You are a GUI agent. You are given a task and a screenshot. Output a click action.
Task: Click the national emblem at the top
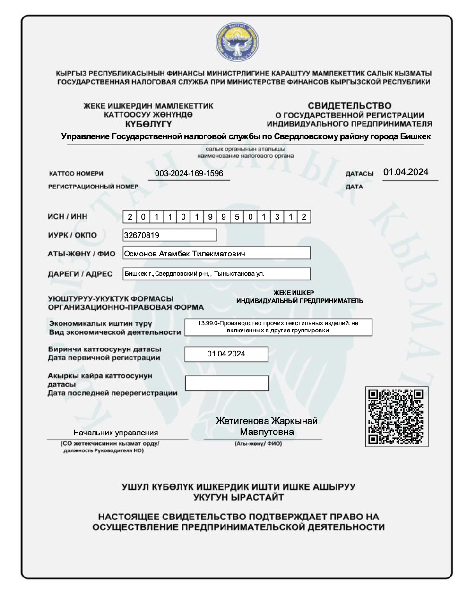click(x=237, y=42)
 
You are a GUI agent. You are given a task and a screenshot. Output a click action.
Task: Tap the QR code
click(x=397, y=416)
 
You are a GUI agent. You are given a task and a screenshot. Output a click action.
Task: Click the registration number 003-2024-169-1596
click(x=189, y=173)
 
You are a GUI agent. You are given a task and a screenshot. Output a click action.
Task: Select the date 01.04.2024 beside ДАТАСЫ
click(x=406, y=172)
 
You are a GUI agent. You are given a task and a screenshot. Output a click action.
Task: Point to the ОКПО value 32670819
click(x=142, y=235)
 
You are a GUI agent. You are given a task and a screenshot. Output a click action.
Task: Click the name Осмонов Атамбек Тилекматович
click(x=185, y=254)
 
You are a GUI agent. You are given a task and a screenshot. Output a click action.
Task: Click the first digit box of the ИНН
click(x=130, y=217)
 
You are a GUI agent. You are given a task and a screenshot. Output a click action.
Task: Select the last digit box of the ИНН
click(x=304, y=217)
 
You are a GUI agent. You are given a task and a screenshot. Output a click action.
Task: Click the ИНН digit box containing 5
click(x=237, y=217)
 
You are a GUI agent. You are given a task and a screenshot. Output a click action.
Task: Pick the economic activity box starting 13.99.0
click(x=278, y=327)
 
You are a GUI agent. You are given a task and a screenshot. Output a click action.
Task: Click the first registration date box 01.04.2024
click(x=226, y=354)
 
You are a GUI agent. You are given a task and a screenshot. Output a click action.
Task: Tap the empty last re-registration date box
click(x=227, y=383)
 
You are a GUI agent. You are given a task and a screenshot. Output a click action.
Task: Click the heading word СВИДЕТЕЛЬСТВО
click(x=349, y=106)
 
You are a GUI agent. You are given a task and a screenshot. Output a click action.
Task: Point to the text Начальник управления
click(x=115, y=433)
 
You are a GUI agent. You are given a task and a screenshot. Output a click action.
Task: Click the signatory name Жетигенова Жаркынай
click(x=267, y=421)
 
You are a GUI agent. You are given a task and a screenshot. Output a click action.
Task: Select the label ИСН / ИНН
click(x=68, y=217)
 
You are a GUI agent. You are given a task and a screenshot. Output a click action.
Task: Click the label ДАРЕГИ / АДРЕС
click(x=80, y=274)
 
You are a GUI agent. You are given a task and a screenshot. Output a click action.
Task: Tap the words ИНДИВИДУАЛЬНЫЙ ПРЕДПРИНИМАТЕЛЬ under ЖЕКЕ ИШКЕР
click(x=300, y=301)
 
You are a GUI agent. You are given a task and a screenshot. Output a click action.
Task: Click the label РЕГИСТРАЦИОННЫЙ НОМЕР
click(x=93, y=187)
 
